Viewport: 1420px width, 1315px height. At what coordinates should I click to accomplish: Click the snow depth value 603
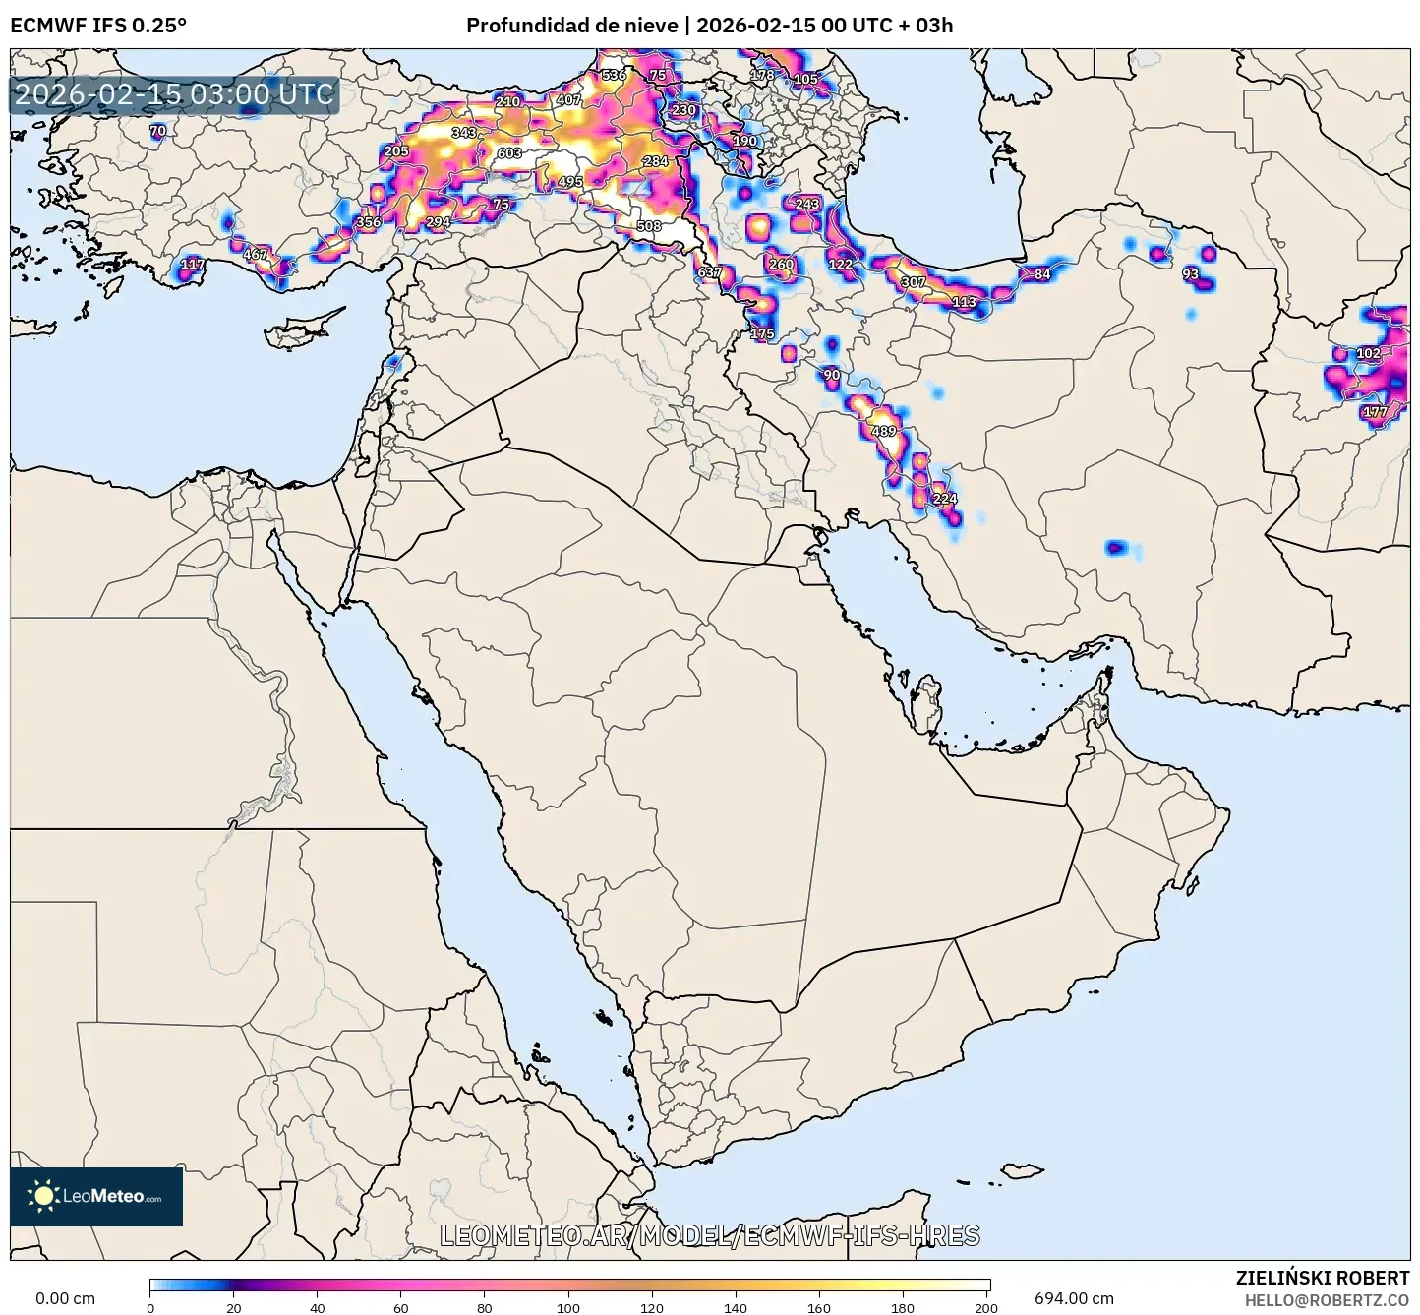(509, 153)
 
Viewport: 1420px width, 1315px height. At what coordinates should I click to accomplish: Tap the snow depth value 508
(649, 226)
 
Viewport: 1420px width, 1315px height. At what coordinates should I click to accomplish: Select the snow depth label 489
(884, 432)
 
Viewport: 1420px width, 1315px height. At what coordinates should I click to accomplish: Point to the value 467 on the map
(256, 255)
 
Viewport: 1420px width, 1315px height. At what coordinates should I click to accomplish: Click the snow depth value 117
(193, 264)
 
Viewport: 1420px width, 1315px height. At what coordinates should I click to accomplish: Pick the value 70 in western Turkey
(158, 131)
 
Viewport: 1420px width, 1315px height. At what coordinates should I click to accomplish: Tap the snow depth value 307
(914, 282)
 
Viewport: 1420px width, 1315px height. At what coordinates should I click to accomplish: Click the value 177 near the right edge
(1375, 412)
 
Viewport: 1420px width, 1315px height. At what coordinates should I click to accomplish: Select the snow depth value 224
(944, 499)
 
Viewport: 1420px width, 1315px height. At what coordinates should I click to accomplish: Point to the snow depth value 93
(1191, 274)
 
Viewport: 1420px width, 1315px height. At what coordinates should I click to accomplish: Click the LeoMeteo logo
(96, 1197)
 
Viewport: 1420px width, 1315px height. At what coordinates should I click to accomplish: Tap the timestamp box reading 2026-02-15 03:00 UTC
(175, 95)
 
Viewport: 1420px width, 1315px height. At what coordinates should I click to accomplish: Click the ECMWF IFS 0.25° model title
(98, 26)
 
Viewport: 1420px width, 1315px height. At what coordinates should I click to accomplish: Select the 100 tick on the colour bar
(569, 1308)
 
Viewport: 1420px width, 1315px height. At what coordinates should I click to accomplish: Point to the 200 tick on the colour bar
(986, 1308)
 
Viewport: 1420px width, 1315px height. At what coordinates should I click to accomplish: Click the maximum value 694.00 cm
(1074, 1298)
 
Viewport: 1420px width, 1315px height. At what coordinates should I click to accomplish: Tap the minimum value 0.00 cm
(65, 1298)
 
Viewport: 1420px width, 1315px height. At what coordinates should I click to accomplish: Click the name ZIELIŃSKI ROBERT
(1323, 1278)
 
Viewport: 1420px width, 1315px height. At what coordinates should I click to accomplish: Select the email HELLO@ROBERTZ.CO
(1327, 1300)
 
